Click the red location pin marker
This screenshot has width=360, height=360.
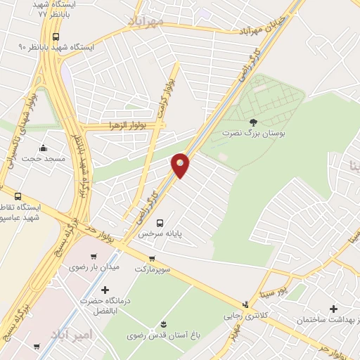pyautogui.click(x=181, y=165)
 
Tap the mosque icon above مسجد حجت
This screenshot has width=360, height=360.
pyautogui.click(x=44, y=148)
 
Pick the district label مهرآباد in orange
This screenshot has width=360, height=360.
pyautogui.click(x=146, y=21)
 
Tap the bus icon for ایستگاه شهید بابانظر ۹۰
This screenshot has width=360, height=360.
pyautogui.click(x=56, y=37)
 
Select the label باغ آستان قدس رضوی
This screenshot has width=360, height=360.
pyautogui.click(x=158, y=335)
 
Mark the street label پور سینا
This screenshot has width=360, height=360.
pyautogui.click(x=292, y=285)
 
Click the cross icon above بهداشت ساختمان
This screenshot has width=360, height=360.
pyautogui.click(x=333, y=308)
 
